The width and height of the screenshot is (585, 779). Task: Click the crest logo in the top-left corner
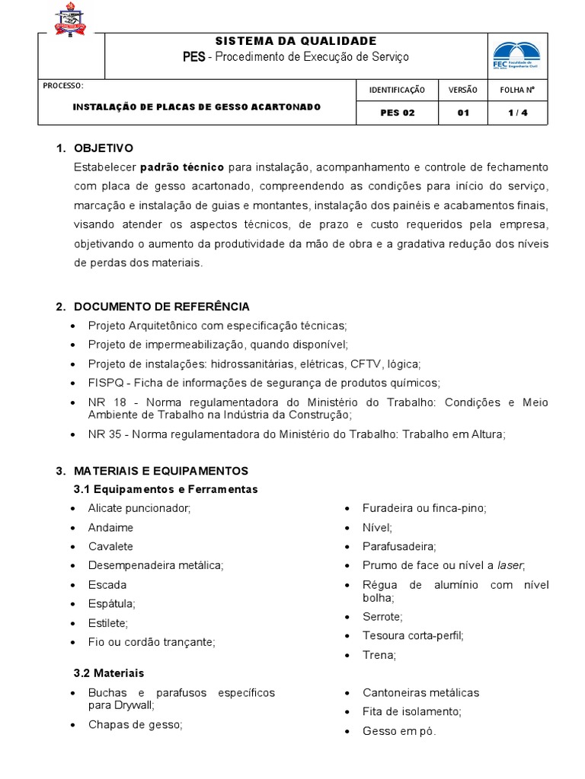[x=69, y=20]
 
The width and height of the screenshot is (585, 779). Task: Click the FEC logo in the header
[x=516, y=55]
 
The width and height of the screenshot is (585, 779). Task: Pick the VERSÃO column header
[x=462, y=90]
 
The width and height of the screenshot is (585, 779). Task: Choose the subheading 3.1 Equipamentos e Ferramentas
[x=165, y=489]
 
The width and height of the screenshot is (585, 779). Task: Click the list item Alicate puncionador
[x=139, y=507]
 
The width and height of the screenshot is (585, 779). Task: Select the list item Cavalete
[x=110, y=546]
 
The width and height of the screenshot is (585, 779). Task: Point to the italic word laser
[x=510, y=565]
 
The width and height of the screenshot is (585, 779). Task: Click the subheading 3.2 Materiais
[x=108, y=673]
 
